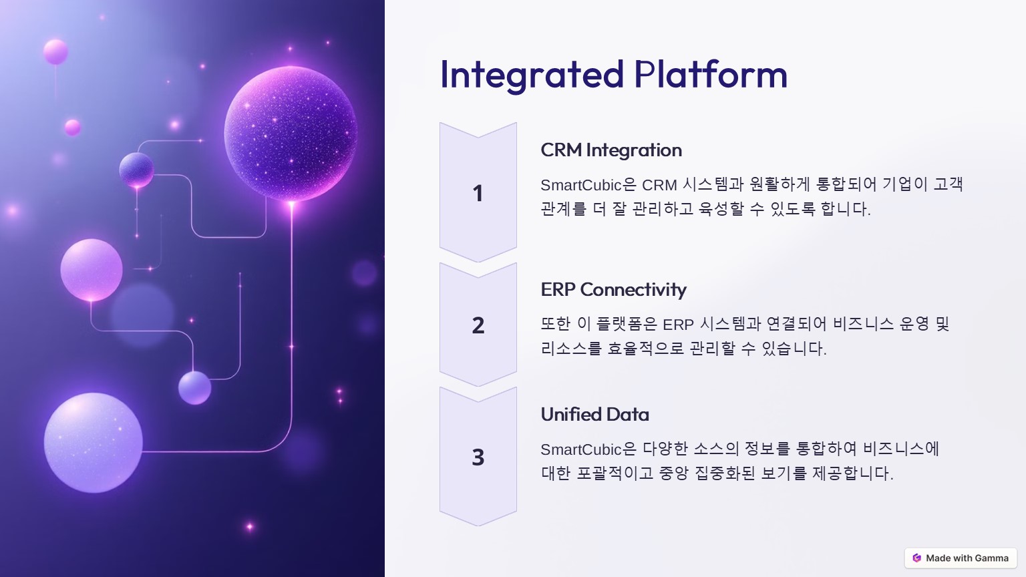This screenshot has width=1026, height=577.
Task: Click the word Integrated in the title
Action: pyautogui.click(x=532, y=75)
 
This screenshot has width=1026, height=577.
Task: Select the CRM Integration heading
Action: pyautogui.click(x=611, y=150)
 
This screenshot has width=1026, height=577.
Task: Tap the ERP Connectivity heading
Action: pyautogui.click(x=613, y=289)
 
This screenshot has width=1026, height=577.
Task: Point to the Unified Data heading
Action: pyautogui.click(x=594, y=414)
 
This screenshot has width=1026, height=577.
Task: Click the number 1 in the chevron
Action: pyautogui.click(x=478, y=193)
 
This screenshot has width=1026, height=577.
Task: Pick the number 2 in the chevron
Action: pyautogui.click(x=478, y=326)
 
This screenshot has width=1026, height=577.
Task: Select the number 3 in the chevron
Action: pyautogui.click(x=478, y=457)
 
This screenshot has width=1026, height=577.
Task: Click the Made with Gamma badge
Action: pyautogui.click(x=961, y=558)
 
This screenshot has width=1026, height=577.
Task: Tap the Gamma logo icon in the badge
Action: pyautogui.click(x=916, y=558)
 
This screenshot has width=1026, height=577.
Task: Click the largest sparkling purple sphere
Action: pyautogui.click(x=291, y=134)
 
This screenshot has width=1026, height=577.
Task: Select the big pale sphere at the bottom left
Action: pyautogui.click(x=94, y=443)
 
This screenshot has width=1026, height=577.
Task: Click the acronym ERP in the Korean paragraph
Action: pyautogui.click(x=679, y=325)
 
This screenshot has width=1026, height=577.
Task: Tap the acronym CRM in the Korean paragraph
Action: pyautogui.click(x=659, y=185)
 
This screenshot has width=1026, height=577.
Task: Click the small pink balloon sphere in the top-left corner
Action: pyautogui.click(x=55, y=51)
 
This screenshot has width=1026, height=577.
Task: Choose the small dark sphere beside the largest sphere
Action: pyautogui.click(x=136, y=170)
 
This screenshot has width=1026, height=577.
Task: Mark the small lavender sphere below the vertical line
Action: pyautogui.click(x=194, y=388)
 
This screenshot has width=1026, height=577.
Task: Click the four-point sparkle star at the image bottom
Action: pyautogui.click(x=250, y=527)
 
